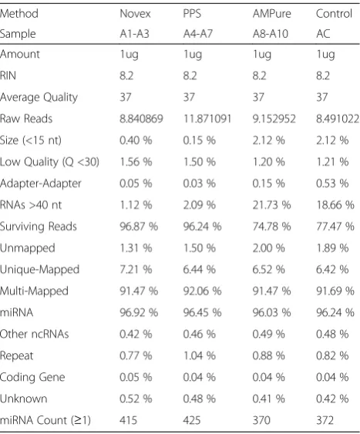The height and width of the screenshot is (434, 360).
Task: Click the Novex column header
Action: [x=135, y=14]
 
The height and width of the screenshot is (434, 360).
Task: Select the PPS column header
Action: [x=192, y=14]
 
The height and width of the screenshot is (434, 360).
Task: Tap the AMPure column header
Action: [x=271, y=14]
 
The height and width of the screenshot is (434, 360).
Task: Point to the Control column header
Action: [x=334, y=14]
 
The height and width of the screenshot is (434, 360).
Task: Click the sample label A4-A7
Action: [x=198, y=34]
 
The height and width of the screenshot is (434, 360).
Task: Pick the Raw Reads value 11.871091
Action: [x=207, y=119]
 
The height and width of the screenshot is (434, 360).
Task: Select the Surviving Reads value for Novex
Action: [x=139, y=227]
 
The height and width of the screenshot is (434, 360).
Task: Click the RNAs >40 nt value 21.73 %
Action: [x=271, y=205]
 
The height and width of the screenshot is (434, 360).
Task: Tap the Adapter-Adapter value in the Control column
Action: [x=332, y=183]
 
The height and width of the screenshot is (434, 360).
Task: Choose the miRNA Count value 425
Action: [x=192, y=420]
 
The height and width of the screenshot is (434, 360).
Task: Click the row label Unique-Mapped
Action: [x=39, y=270]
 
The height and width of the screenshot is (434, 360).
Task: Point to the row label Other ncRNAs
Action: [x=35, y=334]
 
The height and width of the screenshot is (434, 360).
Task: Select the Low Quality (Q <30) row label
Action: [x=49, y=162]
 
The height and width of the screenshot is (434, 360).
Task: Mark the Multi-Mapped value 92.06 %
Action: [x=202, y=291]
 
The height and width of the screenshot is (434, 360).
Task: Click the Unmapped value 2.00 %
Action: [x=268, y=248]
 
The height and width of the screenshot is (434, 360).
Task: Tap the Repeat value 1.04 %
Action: [x=199, y=355]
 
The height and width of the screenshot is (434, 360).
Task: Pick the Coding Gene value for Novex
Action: [x=136, y=377]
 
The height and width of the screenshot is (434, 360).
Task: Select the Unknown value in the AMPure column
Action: [x=268, y=399]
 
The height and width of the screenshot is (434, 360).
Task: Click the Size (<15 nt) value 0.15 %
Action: [x=199, y=140]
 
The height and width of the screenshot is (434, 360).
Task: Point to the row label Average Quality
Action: [x=39, y=97]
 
